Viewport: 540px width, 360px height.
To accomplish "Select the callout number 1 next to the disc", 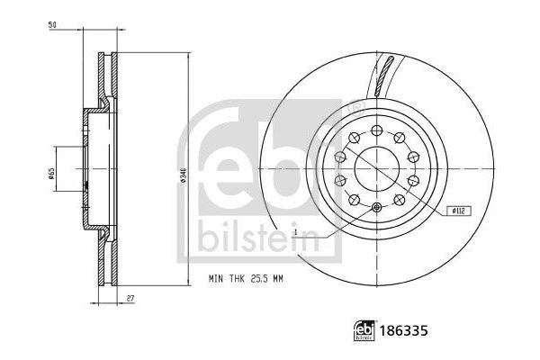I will coord(294,231).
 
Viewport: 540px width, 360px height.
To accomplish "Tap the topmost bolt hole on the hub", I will coord(377,127).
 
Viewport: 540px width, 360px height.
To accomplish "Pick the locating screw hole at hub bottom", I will coord(377,210).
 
